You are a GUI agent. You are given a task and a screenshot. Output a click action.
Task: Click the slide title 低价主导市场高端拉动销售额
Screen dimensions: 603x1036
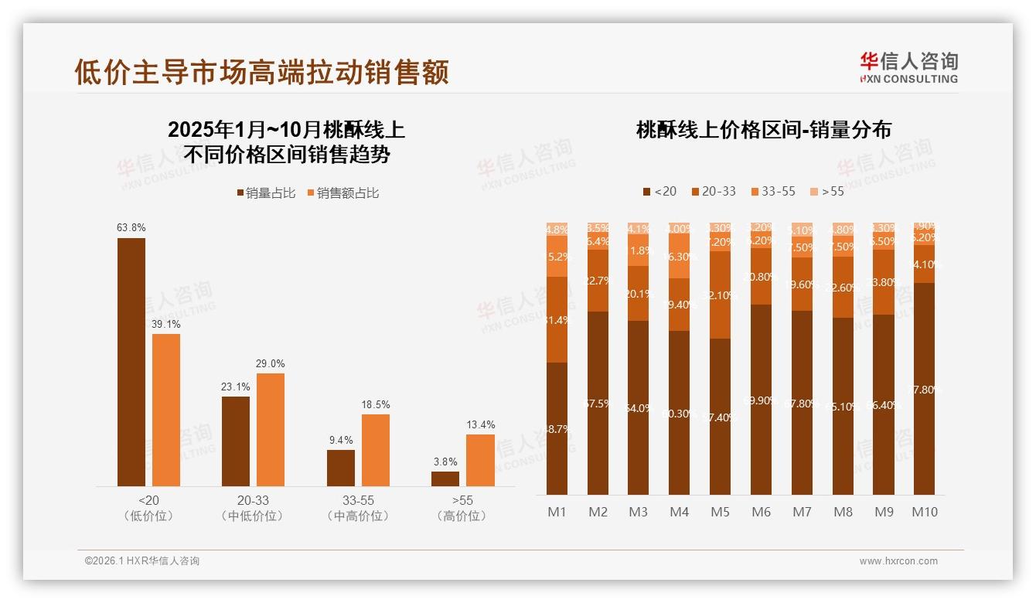pyautogui.click(x=261, y=72)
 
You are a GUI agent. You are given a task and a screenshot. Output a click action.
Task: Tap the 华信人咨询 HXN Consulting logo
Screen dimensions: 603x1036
pyautogui.click(x=908, y=67)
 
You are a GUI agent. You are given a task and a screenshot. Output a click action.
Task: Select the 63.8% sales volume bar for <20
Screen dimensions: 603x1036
pyautogui.click(x=131, y=362)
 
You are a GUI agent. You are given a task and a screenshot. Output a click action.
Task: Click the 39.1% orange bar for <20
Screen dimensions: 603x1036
pyautogui.click(x=166, y=410)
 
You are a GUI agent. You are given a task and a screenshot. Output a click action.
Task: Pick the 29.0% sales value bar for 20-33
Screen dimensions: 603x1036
pyautogui.click(x=271, y=430)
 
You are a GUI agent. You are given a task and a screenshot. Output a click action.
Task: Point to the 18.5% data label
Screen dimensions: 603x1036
pyautogui.click(x=376, y=404)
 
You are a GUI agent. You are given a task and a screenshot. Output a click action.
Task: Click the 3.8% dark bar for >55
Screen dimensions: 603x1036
pyautogui.click(x=445, y=479)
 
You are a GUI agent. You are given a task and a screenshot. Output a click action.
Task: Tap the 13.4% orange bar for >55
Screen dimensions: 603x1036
pyautogui.click(x=480, y=460)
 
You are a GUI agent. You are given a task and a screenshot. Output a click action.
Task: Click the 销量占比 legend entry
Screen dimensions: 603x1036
pyautogui.click(x=265, y=193)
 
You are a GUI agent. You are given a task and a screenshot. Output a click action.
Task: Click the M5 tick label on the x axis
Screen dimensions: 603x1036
pyautogui.click(x=720, y=512)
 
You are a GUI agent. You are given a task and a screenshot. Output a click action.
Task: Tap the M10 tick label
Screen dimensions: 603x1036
pyautogui.click(x=924, y=512)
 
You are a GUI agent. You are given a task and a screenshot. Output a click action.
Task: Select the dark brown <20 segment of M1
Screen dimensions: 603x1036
pyautogui.click(x=557, y=428)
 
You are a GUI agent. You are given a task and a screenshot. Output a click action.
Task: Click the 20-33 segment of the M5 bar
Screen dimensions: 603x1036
pyautogui.click(x=720, y=295)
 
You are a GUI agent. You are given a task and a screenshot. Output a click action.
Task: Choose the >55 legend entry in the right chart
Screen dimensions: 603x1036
pyautogui.click(x=826, y=191)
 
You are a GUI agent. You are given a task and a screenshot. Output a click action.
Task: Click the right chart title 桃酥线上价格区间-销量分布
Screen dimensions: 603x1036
pyautogui.click(x=763, y=130)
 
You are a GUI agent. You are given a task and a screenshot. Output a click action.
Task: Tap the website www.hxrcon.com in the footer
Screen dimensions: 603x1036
pyautogui.click(x=898, y=561)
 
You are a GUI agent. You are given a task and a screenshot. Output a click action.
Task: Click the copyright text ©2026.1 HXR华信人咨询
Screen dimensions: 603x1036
pyautogui.click(x=142, y=561)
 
